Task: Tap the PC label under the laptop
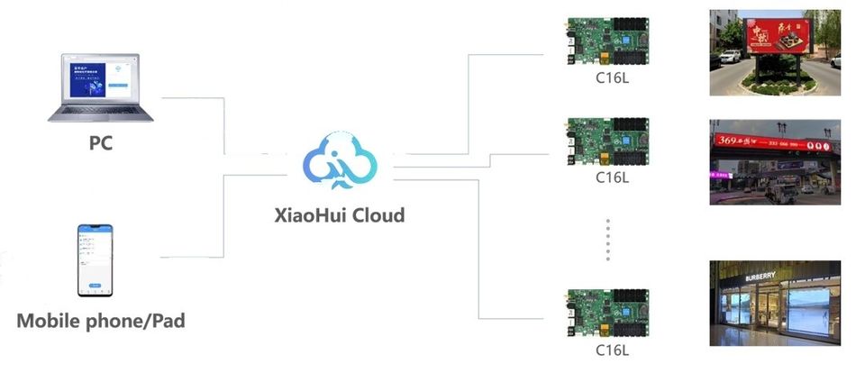(101, 142)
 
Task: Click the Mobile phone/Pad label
(101, 320)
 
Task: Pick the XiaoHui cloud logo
(339, 159)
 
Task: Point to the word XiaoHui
(306, 215)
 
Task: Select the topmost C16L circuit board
(608, 41)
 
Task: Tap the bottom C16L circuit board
(608, 313)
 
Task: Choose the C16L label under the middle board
(612, 177)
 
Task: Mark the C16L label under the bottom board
(612, 350)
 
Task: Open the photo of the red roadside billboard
(775, 52)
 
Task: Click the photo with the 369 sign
(775, 161)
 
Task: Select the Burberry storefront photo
(775, 303)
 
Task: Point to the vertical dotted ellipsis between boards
(609, 238)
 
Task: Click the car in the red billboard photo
(729, 57)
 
